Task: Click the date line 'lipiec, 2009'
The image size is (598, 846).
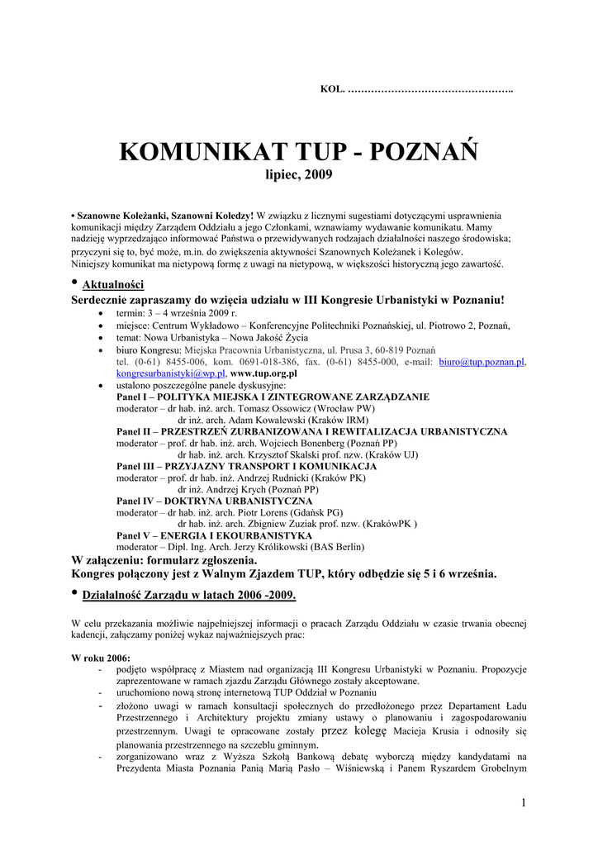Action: pyautogui.click(x=298, y=175)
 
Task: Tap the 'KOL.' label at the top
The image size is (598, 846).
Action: pyautogui.click(x=330, y=88)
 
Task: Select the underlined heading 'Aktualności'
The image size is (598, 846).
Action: pyautogui.click(x=114, y=285)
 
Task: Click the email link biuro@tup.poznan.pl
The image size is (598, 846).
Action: pyautogui.click(x=482, y=362)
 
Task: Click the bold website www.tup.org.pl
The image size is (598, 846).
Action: pyautogui.click(x=263, y=373)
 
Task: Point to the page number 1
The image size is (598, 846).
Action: pyautogui.click(x=524, y=803)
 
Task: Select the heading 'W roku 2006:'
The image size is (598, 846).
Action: pyautogui.click(x=101, y=658)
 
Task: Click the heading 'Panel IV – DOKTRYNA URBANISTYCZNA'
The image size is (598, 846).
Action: pyautogui.click(x=214, y=501)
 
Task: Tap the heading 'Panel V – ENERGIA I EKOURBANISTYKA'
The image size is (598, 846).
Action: pyautogui.click(x=214, y=535)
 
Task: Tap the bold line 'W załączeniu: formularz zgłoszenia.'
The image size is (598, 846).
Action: pyautogui.click(x=168, y=559)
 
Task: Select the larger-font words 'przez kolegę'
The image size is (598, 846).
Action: pyautogui.click(x=354, y=730)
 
